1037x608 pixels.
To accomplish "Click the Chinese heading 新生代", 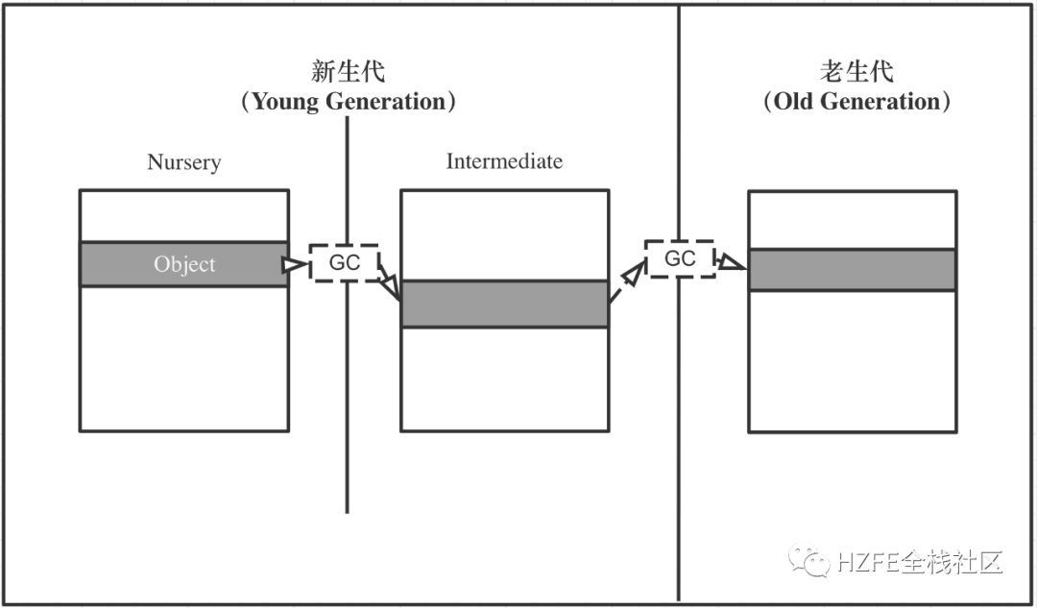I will point(348,71).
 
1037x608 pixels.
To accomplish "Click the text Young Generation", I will point(348,102).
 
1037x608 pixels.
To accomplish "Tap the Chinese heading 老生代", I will point(857,71).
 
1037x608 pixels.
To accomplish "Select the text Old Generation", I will point(857,102).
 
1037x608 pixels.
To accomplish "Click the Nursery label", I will point(183,161).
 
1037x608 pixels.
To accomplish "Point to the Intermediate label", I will point(504,161).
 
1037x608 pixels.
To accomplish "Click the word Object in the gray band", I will point(184,264).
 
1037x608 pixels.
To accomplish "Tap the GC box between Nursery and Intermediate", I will point(344,262).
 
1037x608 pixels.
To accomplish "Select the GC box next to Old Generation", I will point(680,258).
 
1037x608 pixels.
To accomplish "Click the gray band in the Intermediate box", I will point(504,304).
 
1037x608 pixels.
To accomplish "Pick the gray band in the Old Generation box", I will point(853,270).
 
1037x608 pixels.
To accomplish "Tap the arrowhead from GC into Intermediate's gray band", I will point(391,287).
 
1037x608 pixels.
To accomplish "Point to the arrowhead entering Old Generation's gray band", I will point(732,261).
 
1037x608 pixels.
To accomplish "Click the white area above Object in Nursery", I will point(184,216).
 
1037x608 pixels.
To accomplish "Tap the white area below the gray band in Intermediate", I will point(504,378).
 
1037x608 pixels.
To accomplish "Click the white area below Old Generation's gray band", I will point(853,360).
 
